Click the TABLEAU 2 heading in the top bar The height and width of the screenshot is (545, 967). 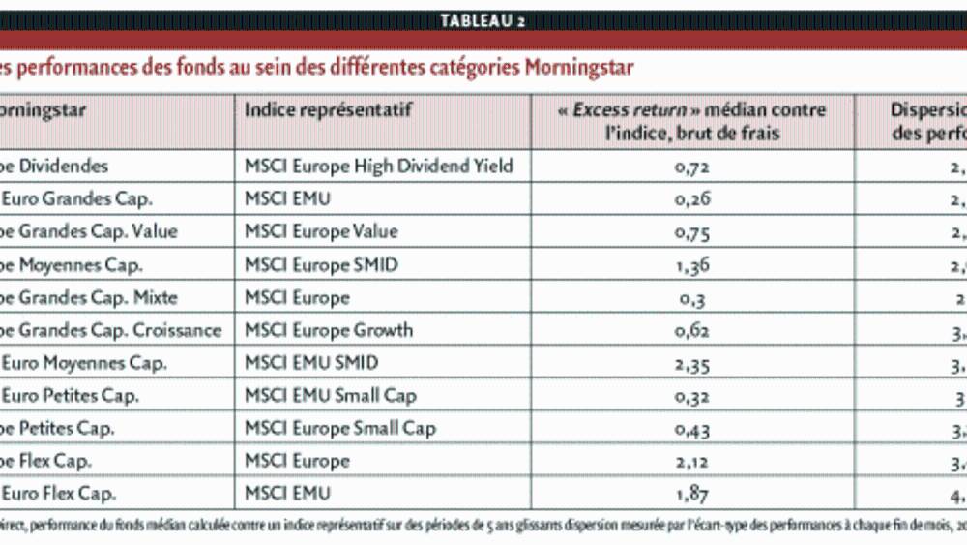tap(483, 21)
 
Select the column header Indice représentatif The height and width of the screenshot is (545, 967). tap(328, 109)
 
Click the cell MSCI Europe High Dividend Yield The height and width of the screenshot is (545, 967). tap(378, 166)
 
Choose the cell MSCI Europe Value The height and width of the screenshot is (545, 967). tap(321, 231)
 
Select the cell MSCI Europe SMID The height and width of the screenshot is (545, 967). tap(321, 264)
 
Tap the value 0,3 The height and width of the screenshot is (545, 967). tap(692, 298)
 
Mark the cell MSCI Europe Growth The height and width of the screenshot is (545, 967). tap(328, 330)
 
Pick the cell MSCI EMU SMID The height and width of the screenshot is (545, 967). tap(311, 363)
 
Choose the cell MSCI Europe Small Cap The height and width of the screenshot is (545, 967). tap(339, 428)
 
